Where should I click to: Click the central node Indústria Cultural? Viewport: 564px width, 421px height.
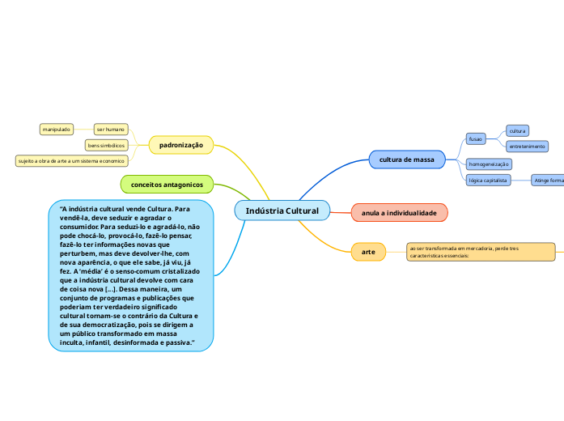282,211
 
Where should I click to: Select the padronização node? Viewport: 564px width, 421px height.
181,145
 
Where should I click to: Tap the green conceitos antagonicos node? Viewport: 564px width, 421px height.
167,185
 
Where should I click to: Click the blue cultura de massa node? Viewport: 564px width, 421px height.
407,160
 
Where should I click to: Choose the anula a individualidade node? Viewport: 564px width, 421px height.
399,213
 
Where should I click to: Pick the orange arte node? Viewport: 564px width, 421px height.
368,252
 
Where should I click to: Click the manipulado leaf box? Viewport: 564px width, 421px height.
57,129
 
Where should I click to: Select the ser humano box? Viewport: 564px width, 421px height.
110,129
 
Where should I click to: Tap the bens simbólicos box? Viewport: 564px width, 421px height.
106,145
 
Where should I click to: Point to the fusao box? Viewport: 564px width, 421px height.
476,138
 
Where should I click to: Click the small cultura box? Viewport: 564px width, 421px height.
517,130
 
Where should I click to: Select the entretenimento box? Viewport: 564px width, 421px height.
527,147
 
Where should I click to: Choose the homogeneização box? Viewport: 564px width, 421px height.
489,164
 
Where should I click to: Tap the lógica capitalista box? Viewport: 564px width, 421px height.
488,181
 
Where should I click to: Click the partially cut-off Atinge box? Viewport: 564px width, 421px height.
548,181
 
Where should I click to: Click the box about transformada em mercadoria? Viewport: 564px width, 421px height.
481,251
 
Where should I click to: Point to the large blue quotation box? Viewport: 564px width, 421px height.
132,276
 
